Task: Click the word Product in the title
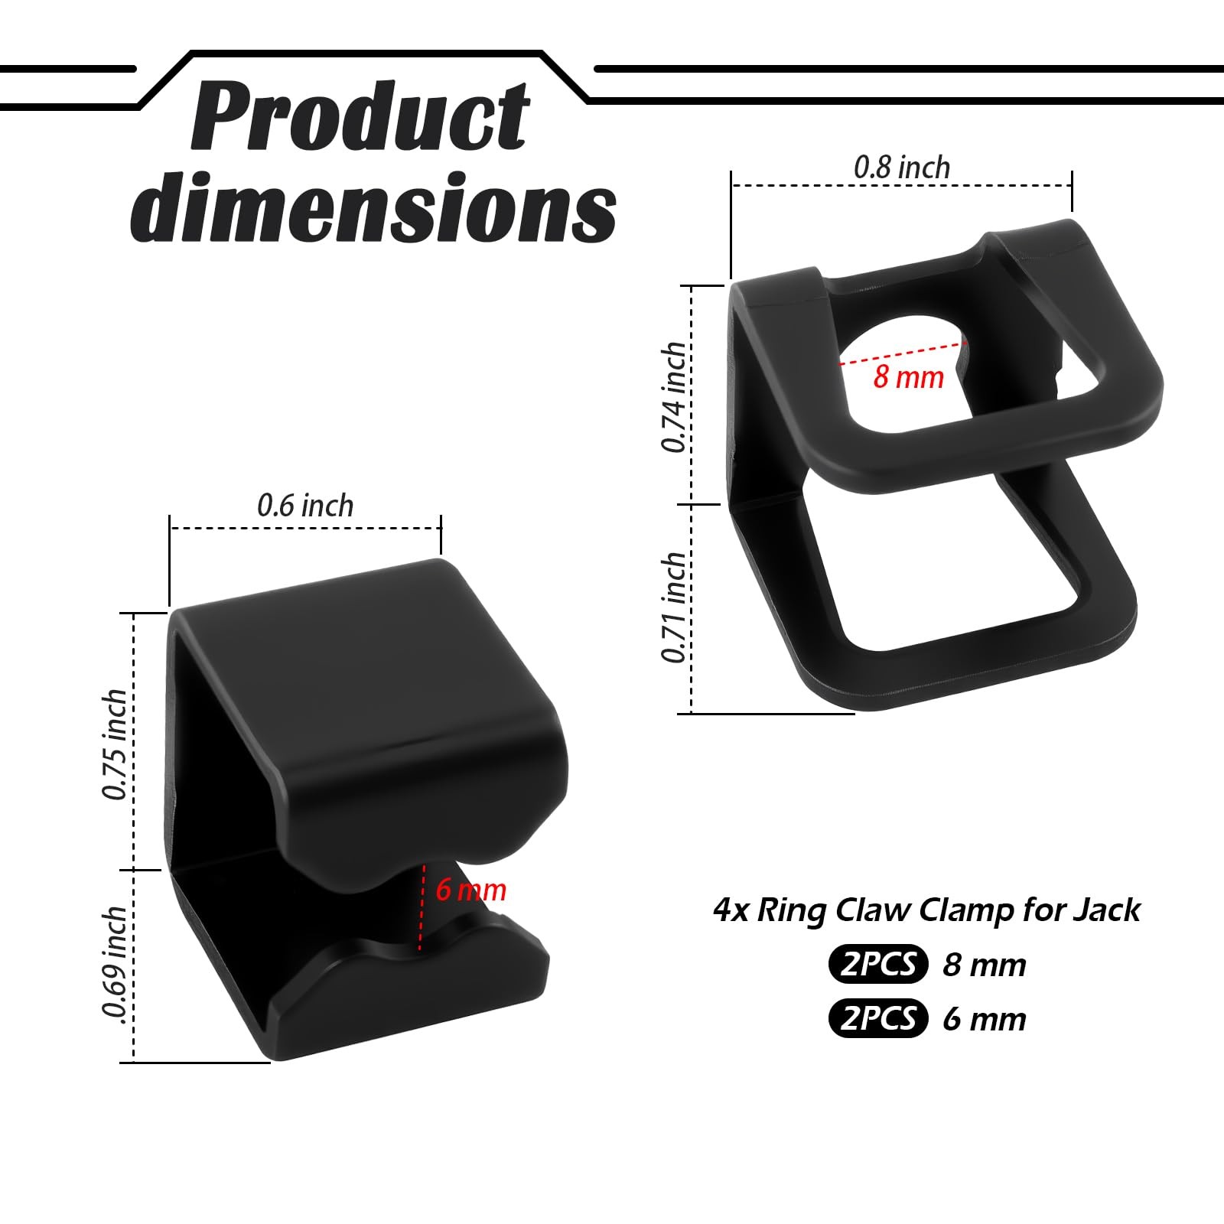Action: tap(360, 119)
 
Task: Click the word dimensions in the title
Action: tap(373, 207)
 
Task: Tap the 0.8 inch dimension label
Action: tap(902, 168)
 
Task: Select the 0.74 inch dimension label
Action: tap(674, 397)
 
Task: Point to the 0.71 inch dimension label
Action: tap(674, 607)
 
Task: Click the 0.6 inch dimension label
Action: tap(305, 506)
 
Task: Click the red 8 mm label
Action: tap(908, 377)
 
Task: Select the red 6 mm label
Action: tap(470, 890)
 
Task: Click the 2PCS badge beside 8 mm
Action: tap(877, 964)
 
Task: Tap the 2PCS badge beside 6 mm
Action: tap(877, 1018)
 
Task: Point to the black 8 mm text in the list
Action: tap(984, 965)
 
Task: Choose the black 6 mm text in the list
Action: tap(984, 1019)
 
